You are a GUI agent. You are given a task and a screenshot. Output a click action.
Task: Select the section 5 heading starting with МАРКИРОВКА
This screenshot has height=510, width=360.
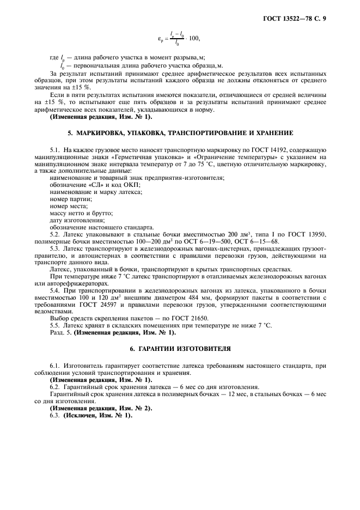180,133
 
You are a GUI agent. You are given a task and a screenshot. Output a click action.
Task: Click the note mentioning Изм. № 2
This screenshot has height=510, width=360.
101,408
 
